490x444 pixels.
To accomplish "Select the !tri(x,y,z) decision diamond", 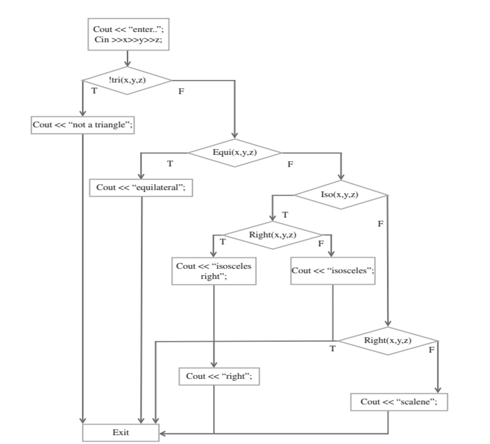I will pyautogui.click(x=127, y=80).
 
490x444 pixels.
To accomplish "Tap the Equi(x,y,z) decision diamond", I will pyautogui.click(x=235, y=153).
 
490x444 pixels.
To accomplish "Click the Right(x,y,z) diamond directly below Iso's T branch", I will pyautogui.click(x=273, y=235).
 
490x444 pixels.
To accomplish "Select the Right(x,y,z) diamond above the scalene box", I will pyautogui.click(x=387, y=340).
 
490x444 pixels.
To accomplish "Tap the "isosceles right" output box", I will pyautogui.click(x=214, y=271).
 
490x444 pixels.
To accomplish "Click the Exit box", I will pyautogui.click(x=120, y=433).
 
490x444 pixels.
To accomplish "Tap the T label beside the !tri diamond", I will pyautogui.click(x=94, y=90).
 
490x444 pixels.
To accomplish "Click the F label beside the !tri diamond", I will pyautogui.click(x=181, y=91).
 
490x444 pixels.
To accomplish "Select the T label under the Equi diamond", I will pyautogui.click(x=170, y=164).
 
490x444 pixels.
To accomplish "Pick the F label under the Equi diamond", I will pyautogui.click(x=291, y=164).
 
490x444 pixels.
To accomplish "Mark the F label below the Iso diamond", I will pyautogui.click(x=381, y=224).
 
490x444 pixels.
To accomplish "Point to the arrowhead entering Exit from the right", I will pyautogui.click(x=162, y=434).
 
